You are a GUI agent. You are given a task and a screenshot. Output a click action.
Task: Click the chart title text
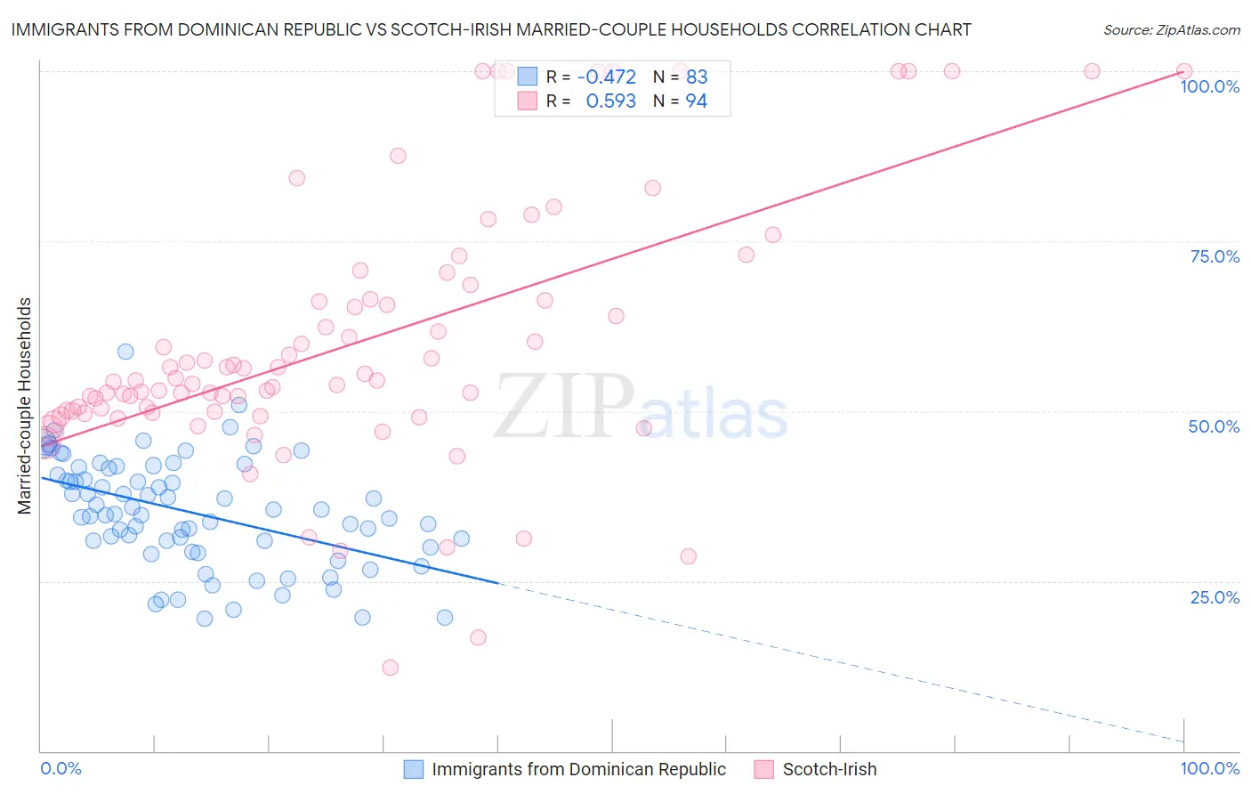coord(491,29)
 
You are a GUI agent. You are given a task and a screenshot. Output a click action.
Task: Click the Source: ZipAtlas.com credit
coord(1171,29)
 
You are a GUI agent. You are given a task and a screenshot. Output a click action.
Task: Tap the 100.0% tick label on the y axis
coord(1209,86)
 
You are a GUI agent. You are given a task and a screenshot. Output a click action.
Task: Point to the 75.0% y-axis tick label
coord(1215,256)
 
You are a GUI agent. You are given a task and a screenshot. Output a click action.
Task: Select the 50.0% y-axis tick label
coord(1214,426)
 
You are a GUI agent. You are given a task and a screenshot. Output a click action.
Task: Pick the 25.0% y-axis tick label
coord(1215,597)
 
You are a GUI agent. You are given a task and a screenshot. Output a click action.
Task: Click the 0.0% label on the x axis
coord(61,768)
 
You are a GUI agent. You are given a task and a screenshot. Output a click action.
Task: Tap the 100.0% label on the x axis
coord(1209,768)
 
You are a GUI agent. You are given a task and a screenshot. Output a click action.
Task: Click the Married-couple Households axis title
coord(25,405)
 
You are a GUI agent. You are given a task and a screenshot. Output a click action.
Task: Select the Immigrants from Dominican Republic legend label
coord(578,769)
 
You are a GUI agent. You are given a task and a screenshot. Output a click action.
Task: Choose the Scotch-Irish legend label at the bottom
coord(829,769)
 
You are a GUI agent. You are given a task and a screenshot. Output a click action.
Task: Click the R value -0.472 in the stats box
coord(606,77)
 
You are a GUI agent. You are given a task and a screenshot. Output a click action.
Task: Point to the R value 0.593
coord(610,101)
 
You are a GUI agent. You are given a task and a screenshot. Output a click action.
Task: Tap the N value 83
coord(696,77)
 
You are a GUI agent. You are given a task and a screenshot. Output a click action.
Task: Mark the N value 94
coord(696,101)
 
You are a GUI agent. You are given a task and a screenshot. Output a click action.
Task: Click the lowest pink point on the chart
coord(390,668)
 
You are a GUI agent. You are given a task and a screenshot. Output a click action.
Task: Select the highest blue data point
coord(125,352)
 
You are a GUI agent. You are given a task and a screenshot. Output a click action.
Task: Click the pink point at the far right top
coord(1184,71)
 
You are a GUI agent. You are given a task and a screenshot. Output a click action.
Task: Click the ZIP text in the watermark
coord(564,406)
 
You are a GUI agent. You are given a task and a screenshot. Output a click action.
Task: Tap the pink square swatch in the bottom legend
coord(763,769)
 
